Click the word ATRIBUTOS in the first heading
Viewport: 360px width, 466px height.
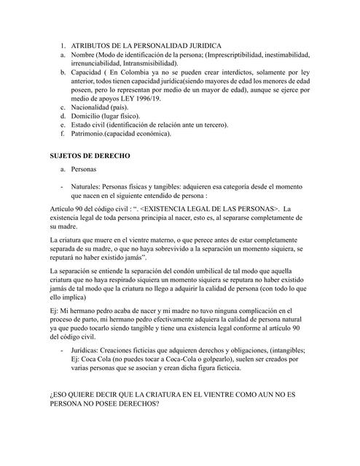(x=95, y=46)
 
